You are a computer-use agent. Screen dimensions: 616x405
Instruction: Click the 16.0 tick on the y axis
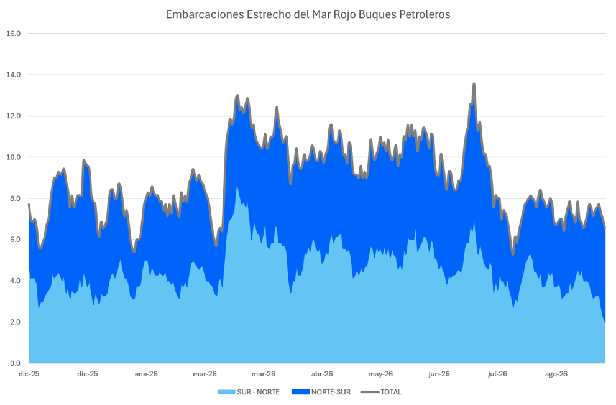click(14, 34)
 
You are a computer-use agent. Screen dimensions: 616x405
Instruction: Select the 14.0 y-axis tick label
click(14, 75)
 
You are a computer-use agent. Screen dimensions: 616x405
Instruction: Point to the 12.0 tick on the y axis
click(14, 116)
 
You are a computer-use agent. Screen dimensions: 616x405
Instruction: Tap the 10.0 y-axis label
click(14, 157)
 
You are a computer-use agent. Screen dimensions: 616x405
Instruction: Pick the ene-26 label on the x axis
click(146, 374)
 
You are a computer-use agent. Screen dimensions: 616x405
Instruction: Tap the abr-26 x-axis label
click(322, 374)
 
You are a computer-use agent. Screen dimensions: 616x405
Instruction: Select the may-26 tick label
click(380, 374)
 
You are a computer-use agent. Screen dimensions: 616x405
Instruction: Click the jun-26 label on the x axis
click(439, 374)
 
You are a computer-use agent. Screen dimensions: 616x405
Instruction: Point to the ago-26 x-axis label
click(556, 374)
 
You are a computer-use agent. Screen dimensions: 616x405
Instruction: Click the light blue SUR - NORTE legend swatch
click(227, 392)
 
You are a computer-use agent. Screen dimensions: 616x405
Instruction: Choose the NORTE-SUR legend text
click(331, 392)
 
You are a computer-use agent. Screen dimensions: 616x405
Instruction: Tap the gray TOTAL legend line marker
click(370, 392)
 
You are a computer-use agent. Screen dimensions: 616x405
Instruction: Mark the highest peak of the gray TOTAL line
click(474, 83)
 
